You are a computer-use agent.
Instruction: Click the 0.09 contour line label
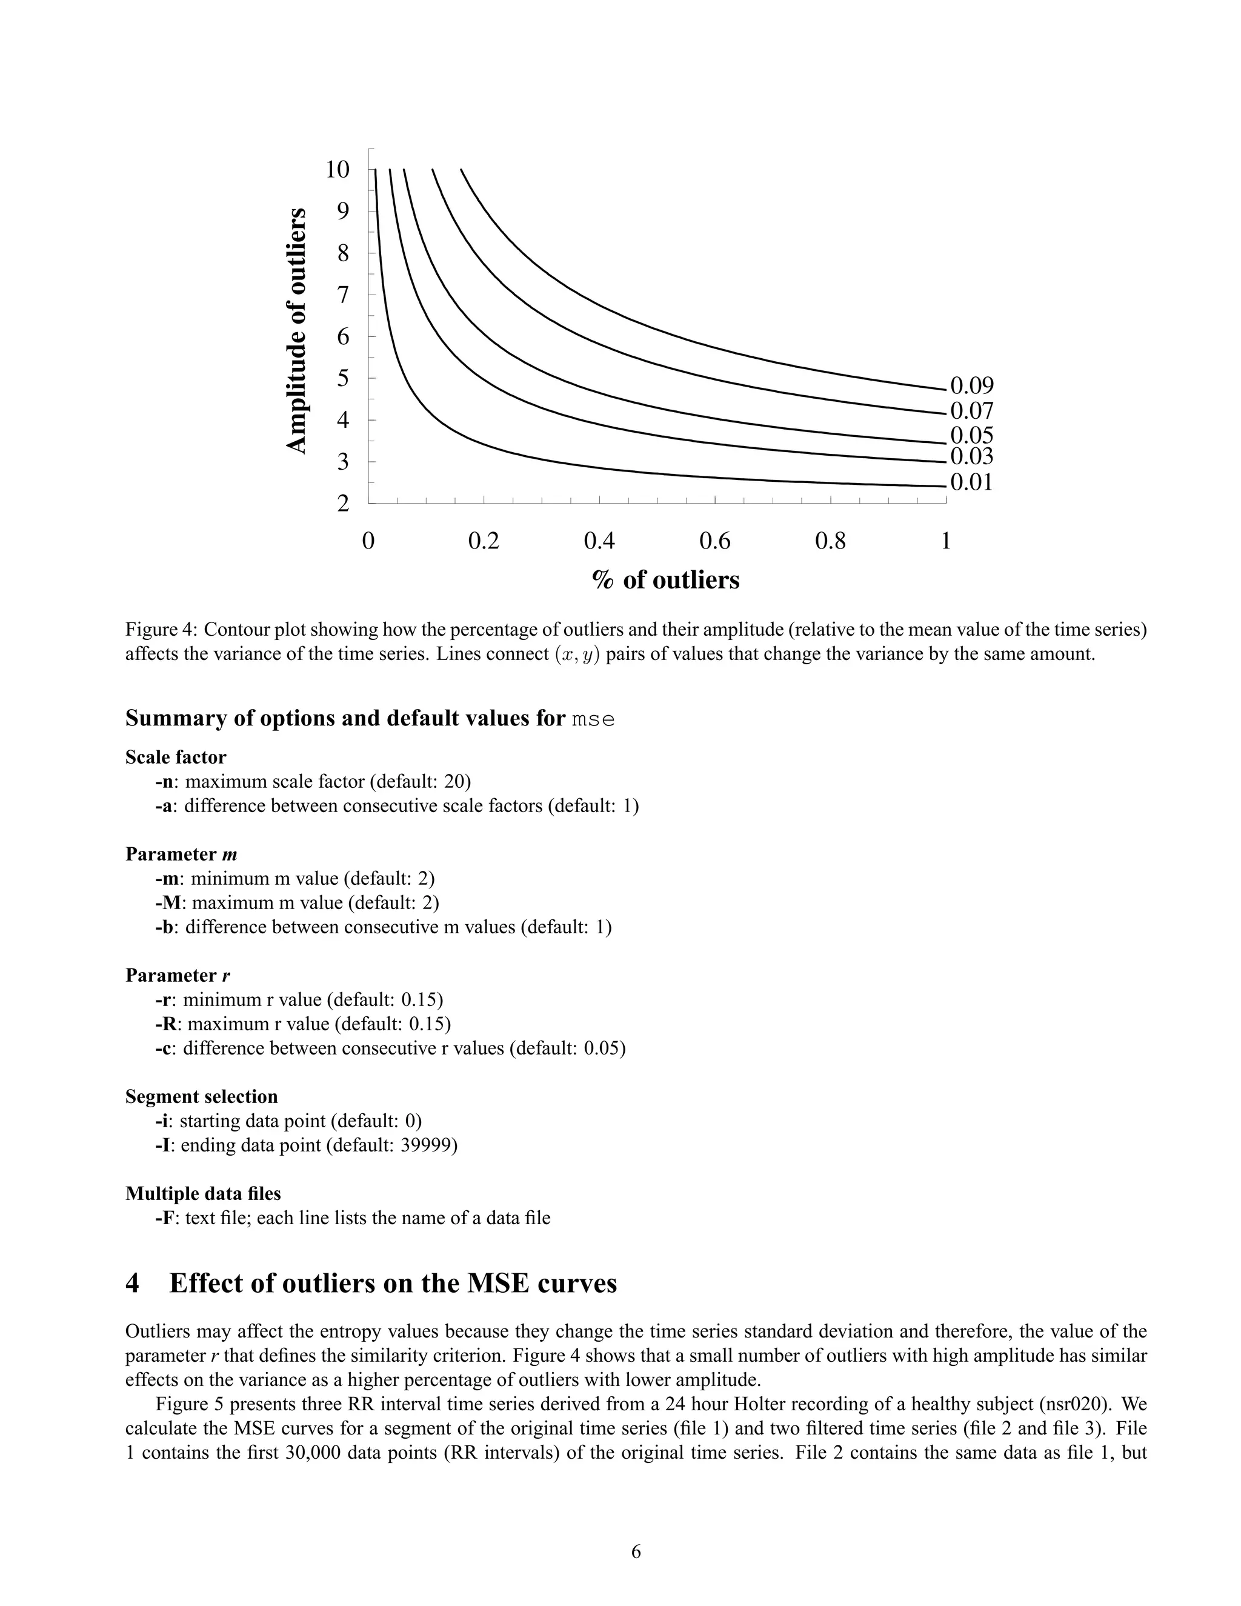[x=971, y=385]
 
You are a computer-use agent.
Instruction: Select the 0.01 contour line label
[x=971, y=482]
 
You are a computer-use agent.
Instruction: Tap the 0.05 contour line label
[x=971, y=435]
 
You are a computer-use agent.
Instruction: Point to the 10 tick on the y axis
[x=338, y=169]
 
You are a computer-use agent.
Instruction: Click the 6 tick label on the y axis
[x=342, y=337]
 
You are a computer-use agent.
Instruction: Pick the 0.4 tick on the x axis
[x=599, y=541]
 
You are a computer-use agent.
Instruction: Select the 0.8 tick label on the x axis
[x=831, y=541]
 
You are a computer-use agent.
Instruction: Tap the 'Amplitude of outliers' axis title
[x=296, y=331]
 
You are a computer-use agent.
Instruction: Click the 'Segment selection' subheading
[x=201, y=1096]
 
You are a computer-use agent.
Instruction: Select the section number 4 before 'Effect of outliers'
[x=132, y=1283]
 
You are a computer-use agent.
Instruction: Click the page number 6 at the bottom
[x=636, y=1551]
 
